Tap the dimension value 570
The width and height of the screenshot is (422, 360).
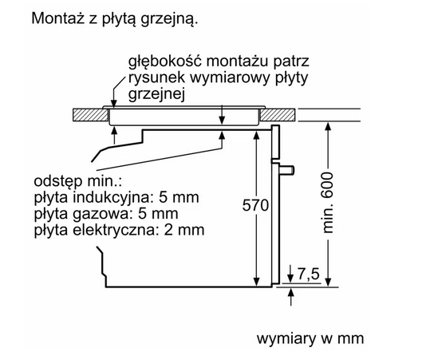click(x=256, y=205)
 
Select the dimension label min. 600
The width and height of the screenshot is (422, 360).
click(x=328, y=203)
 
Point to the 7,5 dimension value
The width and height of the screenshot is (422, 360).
click(x=309, y=274)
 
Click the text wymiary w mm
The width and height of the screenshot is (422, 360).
click(x=310, y=338)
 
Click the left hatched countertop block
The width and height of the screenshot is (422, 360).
click(x=91, y=115)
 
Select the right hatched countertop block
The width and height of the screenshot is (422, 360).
click(x=278, y=115)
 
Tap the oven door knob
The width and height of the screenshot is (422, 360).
click(x=287, y=170)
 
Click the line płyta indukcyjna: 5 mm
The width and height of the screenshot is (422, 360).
click(x=116, y=198)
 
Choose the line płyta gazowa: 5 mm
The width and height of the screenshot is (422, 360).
click(x=106, y=214)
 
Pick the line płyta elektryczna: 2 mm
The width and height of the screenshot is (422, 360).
click(x=119, y=231)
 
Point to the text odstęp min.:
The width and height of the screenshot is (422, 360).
click(x=78, y=181)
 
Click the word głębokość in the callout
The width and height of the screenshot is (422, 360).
click(x=165, y=62)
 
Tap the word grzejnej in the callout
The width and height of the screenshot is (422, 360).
click(x=156, y=94)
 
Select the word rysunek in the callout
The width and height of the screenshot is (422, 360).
click(x=156, y=77)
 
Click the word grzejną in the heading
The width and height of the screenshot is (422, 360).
click(x=169, y=20)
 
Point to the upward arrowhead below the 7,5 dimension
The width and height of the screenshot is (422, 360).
click(x=291, y=292)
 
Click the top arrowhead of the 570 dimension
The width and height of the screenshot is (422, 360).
click(x=257, y=135)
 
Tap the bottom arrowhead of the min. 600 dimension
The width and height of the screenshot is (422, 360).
click(x=328, y=282)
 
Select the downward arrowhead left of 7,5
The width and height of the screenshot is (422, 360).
click(x=291, y=279)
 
